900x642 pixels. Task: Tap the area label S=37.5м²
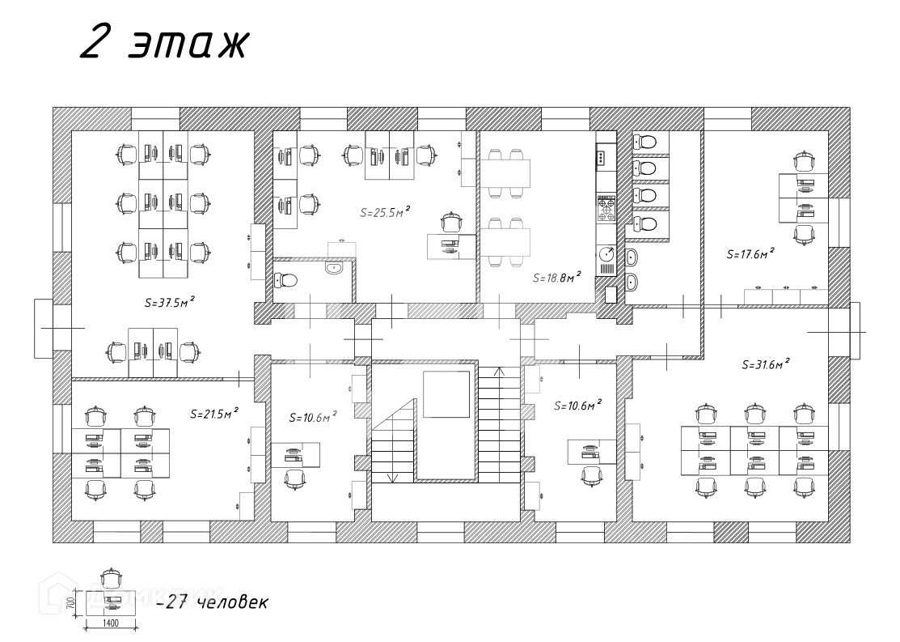169,303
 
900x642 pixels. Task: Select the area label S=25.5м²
384,213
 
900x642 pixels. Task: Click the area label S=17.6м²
750,253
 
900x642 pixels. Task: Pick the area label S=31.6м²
765,364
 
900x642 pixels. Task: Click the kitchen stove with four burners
606,209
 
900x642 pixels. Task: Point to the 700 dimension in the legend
71,602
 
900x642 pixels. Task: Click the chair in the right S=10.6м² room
591,475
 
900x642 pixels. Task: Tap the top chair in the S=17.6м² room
803,160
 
